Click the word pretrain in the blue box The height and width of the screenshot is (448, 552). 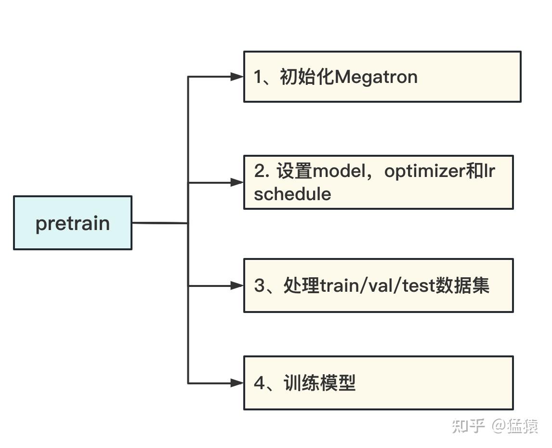73,223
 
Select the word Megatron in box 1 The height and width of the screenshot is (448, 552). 376,77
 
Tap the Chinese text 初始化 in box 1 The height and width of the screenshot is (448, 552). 307,77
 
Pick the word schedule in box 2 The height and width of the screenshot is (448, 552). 292,194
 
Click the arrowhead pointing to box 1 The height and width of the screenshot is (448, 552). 237,77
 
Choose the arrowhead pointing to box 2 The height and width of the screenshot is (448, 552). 237,182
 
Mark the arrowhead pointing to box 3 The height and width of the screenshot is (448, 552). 237,285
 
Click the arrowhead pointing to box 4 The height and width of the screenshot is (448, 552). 237,383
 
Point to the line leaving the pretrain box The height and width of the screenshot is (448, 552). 159,223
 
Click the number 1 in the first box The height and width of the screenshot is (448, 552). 259,77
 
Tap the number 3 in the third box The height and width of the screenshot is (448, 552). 260,286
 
